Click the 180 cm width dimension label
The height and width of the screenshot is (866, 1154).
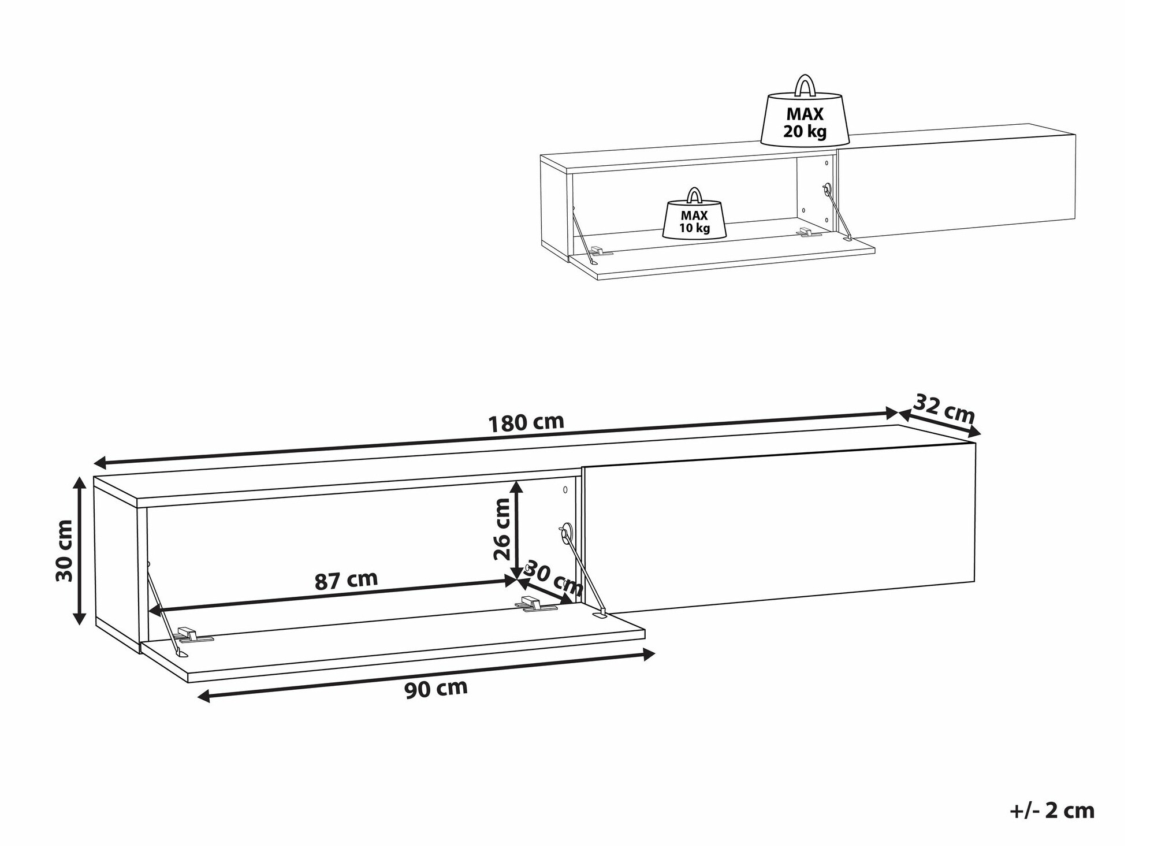pos(526,423)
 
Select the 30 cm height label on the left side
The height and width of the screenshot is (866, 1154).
pos(64,551)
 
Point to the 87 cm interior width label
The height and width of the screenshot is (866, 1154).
pos(346,580)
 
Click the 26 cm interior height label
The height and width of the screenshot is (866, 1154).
pos(502,529)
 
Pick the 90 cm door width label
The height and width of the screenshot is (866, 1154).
pos(436,689)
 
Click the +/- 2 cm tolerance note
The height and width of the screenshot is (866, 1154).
pos(1052,811)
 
